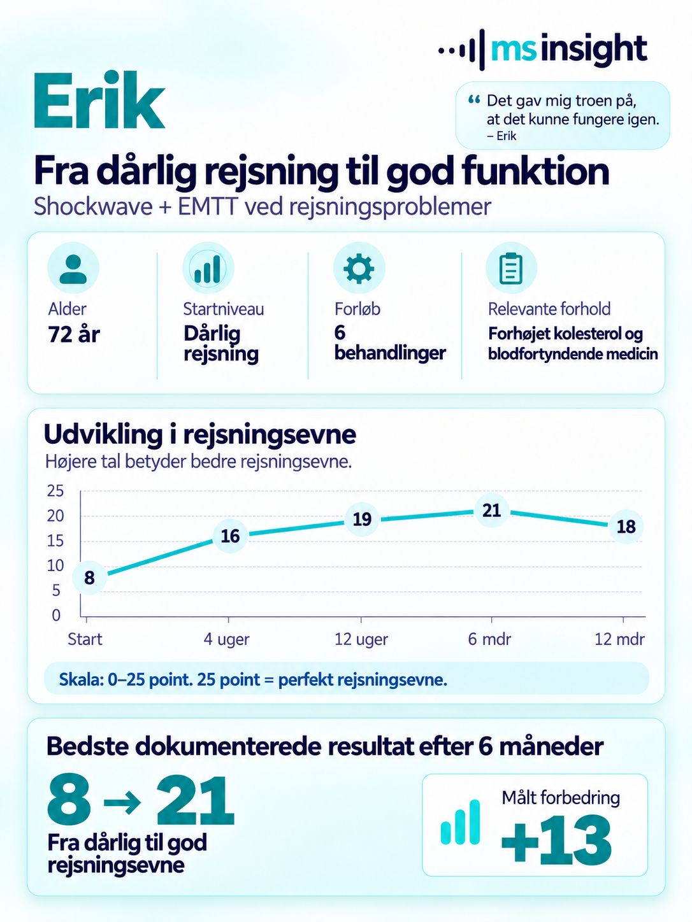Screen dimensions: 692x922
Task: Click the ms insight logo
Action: pos(542,50)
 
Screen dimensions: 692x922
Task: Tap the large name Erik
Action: pos(99,101)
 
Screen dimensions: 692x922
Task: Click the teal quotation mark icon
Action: pos(474,100)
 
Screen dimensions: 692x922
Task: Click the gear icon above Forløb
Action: pos(359,268)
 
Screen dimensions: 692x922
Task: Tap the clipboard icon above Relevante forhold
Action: pos(511,268)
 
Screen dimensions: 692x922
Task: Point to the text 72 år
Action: pos(74,335)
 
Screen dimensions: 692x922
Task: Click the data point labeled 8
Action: pos(89,578)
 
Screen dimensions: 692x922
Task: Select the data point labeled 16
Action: pos(230,536)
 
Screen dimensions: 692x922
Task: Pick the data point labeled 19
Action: pos(362,519)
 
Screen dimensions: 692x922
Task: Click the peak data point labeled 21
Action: pos(491,511)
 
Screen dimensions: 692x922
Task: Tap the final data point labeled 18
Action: pos(626,527)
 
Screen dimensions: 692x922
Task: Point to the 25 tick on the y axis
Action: pos(55,491)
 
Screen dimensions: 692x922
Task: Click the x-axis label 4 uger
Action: pos(226,639)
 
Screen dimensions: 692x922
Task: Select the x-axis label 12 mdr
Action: pos(619,639)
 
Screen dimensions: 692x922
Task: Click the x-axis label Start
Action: pos(85,639)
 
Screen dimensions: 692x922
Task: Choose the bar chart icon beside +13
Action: pos(461,822)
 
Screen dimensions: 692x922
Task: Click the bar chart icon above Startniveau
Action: pos(208,268)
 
